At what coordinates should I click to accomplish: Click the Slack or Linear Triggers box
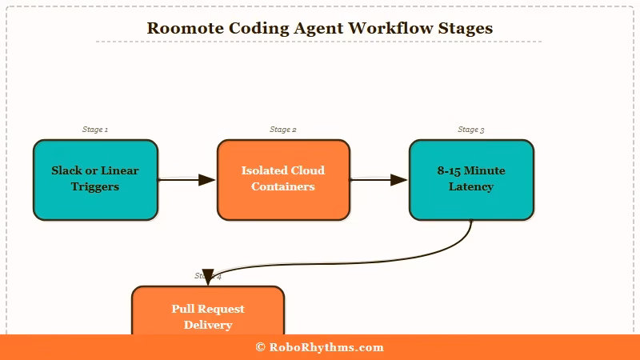(95, 179)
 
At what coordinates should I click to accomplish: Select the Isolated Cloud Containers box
(283, 179)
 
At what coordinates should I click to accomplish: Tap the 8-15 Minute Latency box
(471, 179)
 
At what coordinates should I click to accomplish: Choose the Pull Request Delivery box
(208, 312)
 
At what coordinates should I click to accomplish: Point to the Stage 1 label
(95, 130)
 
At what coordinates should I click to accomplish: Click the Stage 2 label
(283, 130)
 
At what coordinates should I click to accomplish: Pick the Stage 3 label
(471, 130)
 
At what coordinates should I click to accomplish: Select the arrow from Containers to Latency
(378, 180)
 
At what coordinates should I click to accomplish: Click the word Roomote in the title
(183, 28)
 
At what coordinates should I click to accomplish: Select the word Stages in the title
(466, 28)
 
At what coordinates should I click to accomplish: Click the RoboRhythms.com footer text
(326, 347)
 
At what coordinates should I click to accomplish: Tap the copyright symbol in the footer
(260, 347)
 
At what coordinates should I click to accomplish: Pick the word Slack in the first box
(66, 170)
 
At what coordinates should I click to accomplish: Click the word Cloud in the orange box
(307, 170)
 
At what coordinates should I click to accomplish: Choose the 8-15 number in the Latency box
(450, 170)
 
